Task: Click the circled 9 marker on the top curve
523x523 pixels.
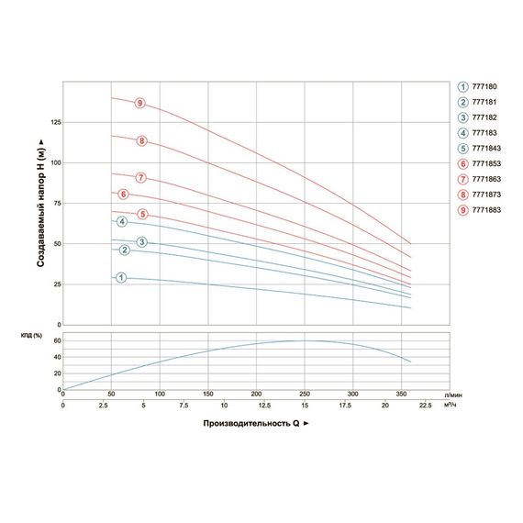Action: (x=139, y=104)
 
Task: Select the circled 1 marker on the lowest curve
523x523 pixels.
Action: (x=120, y=278)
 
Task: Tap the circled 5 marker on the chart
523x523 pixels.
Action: (x=142, y=215)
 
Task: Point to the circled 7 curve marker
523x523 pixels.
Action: (x=141, y=177)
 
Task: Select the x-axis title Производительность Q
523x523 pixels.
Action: (x=249, y=424)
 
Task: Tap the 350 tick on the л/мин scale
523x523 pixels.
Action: (x=401, y=394)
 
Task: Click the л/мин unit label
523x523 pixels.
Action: (x=450, y=394)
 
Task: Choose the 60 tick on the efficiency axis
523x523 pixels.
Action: (x=54, y=339)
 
